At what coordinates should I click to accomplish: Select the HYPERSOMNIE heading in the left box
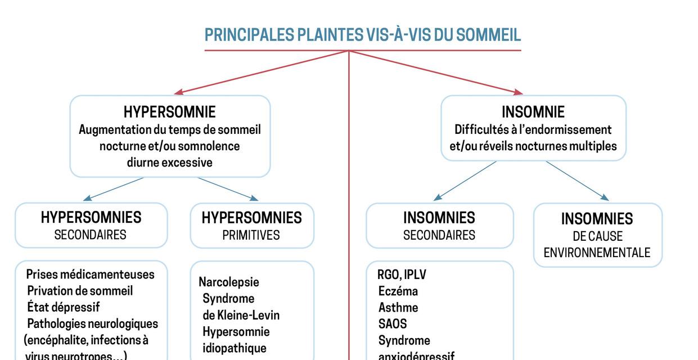click(169, 111)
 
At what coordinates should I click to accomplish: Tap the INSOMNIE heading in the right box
click(533, 112)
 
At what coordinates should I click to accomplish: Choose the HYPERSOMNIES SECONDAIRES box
click(91, 225)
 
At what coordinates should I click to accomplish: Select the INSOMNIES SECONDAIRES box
click(439, 226)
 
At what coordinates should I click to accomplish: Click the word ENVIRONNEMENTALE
click(597, 253)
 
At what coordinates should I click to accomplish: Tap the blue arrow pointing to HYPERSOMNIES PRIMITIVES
click(228, 189)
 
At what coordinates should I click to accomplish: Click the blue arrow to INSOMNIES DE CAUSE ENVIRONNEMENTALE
click(577, 181)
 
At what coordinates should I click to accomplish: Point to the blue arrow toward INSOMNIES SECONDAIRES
click(465, 181)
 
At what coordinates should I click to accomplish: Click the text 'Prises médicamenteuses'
click(90, 274)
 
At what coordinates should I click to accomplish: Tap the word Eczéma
click(398, 291)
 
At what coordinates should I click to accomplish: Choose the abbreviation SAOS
click(392, 324)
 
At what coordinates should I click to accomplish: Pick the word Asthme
click(398, 308)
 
